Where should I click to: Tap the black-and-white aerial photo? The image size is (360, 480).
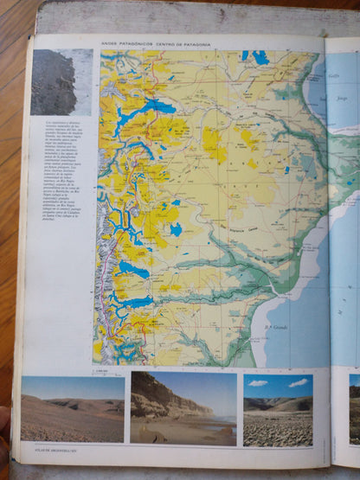pos(54,82)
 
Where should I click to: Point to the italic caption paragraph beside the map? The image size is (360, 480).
pos(64,174)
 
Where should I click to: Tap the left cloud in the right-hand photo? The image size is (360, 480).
pos(258,382)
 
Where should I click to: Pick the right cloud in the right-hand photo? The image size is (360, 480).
pos(298,382)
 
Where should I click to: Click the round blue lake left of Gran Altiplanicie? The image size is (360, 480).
pos(177,229)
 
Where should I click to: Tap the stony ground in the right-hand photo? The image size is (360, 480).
pos(277,428)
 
